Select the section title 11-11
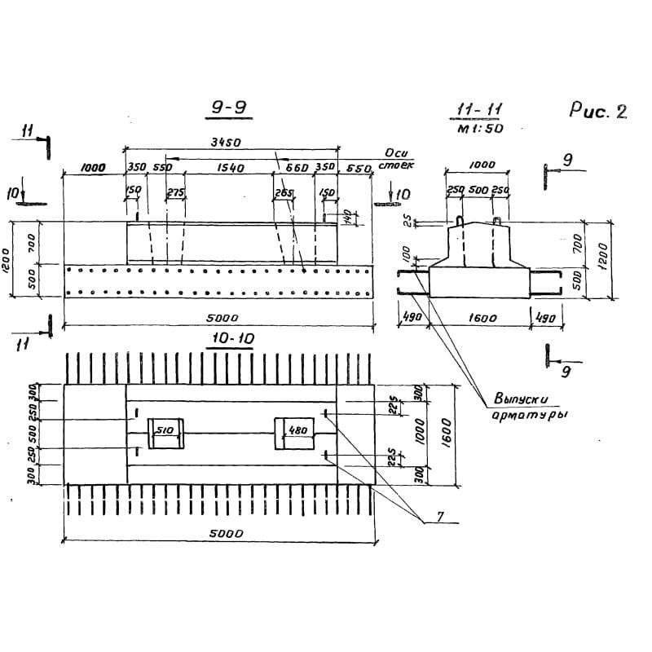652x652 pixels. tap(478, 111)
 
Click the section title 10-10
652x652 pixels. tap(230, 339)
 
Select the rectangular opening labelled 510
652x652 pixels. tap(165, 434)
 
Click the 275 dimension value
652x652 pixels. tap(175, 193)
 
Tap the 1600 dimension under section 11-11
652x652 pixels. tap(482, 319)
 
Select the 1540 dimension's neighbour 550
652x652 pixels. tap(161, 167)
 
